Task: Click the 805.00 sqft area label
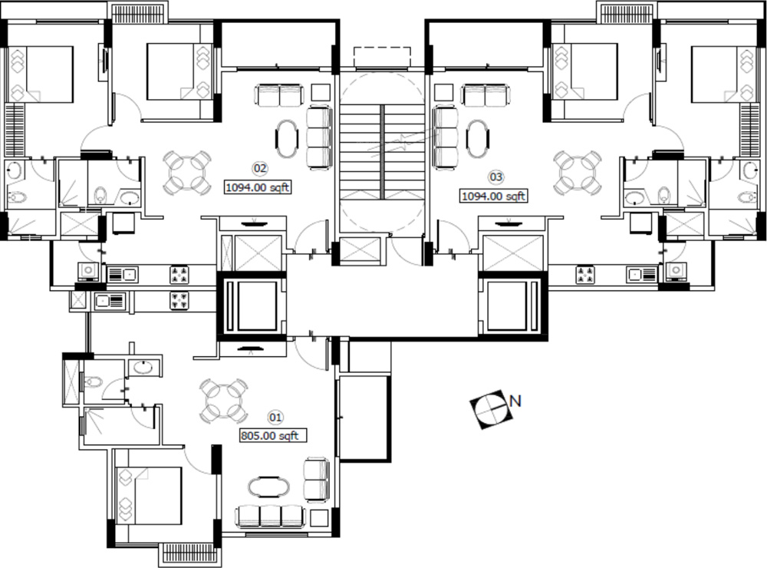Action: [273, 435]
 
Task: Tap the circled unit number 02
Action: [260, 168]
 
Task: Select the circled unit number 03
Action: [495, 177]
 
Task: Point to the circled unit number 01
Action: [275, 418]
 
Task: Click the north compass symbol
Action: [492, 409]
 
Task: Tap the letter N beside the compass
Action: [515, 401]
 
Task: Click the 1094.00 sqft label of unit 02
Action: [258, 187]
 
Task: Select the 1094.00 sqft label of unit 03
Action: [493, 196]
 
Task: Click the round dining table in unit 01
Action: [223, 401]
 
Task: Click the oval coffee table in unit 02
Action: [287, 139]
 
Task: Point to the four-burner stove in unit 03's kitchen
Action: [585, 275]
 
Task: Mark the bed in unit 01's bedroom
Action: [150, 496]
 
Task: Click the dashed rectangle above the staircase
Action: [382, 57]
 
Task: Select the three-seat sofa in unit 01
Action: [270, 516]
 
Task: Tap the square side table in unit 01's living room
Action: [319, 518]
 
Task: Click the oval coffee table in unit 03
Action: [477, 139]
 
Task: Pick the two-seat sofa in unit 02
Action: [279, 95]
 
